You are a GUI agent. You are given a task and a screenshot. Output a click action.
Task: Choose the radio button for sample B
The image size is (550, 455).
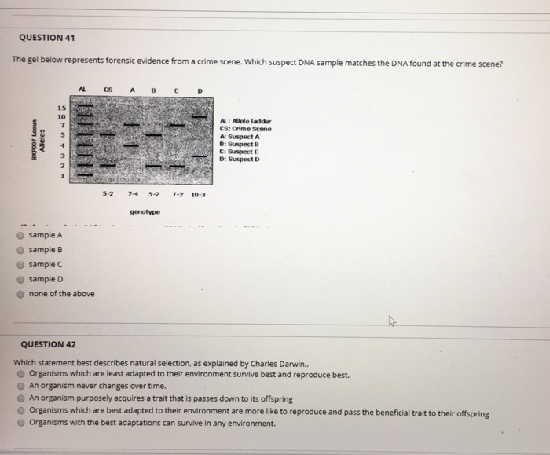coord(21,250)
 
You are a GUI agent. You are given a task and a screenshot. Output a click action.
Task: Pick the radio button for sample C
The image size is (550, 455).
coord(21,265)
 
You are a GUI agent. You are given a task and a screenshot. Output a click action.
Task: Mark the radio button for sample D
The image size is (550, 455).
coord(21,279)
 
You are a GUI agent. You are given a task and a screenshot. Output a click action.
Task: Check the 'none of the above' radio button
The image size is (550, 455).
coord(21,294)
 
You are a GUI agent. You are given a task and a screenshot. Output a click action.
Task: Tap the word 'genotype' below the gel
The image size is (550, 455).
coord(145,212)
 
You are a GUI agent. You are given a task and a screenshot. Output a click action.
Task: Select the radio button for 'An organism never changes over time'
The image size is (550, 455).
coord(21,387)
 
